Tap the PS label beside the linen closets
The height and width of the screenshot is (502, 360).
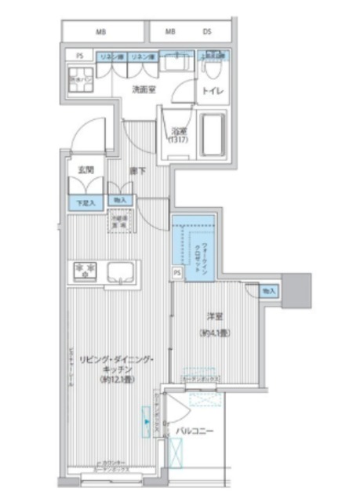79,56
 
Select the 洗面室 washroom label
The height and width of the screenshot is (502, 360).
144,90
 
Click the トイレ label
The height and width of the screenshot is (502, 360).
213,92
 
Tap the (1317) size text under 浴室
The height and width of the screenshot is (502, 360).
179,141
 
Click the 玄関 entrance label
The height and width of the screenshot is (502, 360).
86,169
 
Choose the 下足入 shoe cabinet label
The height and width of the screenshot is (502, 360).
85,203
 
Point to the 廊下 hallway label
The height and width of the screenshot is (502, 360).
139,169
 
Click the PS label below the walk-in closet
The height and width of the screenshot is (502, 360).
177,272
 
